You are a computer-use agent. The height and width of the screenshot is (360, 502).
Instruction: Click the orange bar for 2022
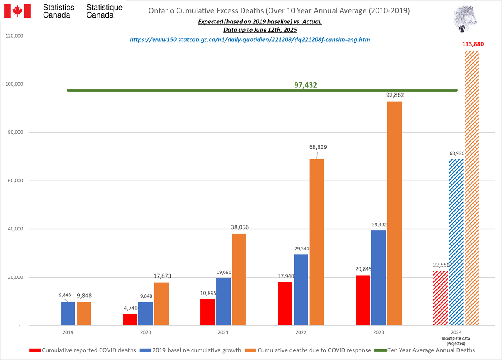coord(317,242)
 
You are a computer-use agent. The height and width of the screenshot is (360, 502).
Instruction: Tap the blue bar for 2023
coord(379,278)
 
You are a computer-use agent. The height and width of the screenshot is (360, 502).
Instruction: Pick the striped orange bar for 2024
coord(472,188)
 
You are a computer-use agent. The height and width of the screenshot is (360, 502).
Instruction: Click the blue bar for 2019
coord(68,314)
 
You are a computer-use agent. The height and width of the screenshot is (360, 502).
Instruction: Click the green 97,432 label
coord(305,85)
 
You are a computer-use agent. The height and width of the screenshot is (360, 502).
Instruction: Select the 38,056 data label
coord(239,228)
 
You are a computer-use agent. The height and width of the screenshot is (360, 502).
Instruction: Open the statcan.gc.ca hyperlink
coord(250,39)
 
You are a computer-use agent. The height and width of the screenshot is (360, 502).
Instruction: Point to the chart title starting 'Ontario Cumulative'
coord(279,10)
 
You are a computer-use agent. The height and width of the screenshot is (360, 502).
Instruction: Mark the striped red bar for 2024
coord(441,298)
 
